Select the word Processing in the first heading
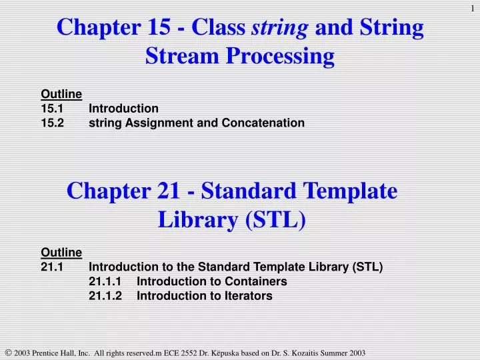tap(283, 57)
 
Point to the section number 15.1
tap(52, 108)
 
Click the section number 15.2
tap(52, 123)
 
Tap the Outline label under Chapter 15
tap(61, 93)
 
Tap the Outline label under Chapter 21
tap(61, 252)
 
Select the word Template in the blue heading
tap(349, 191)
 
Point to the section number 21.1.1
tap(105, 281)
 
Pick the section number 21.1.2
tap(105, 296)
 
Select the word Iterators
tap(249, 296)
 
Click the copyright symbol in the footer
tap(7, 352)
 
